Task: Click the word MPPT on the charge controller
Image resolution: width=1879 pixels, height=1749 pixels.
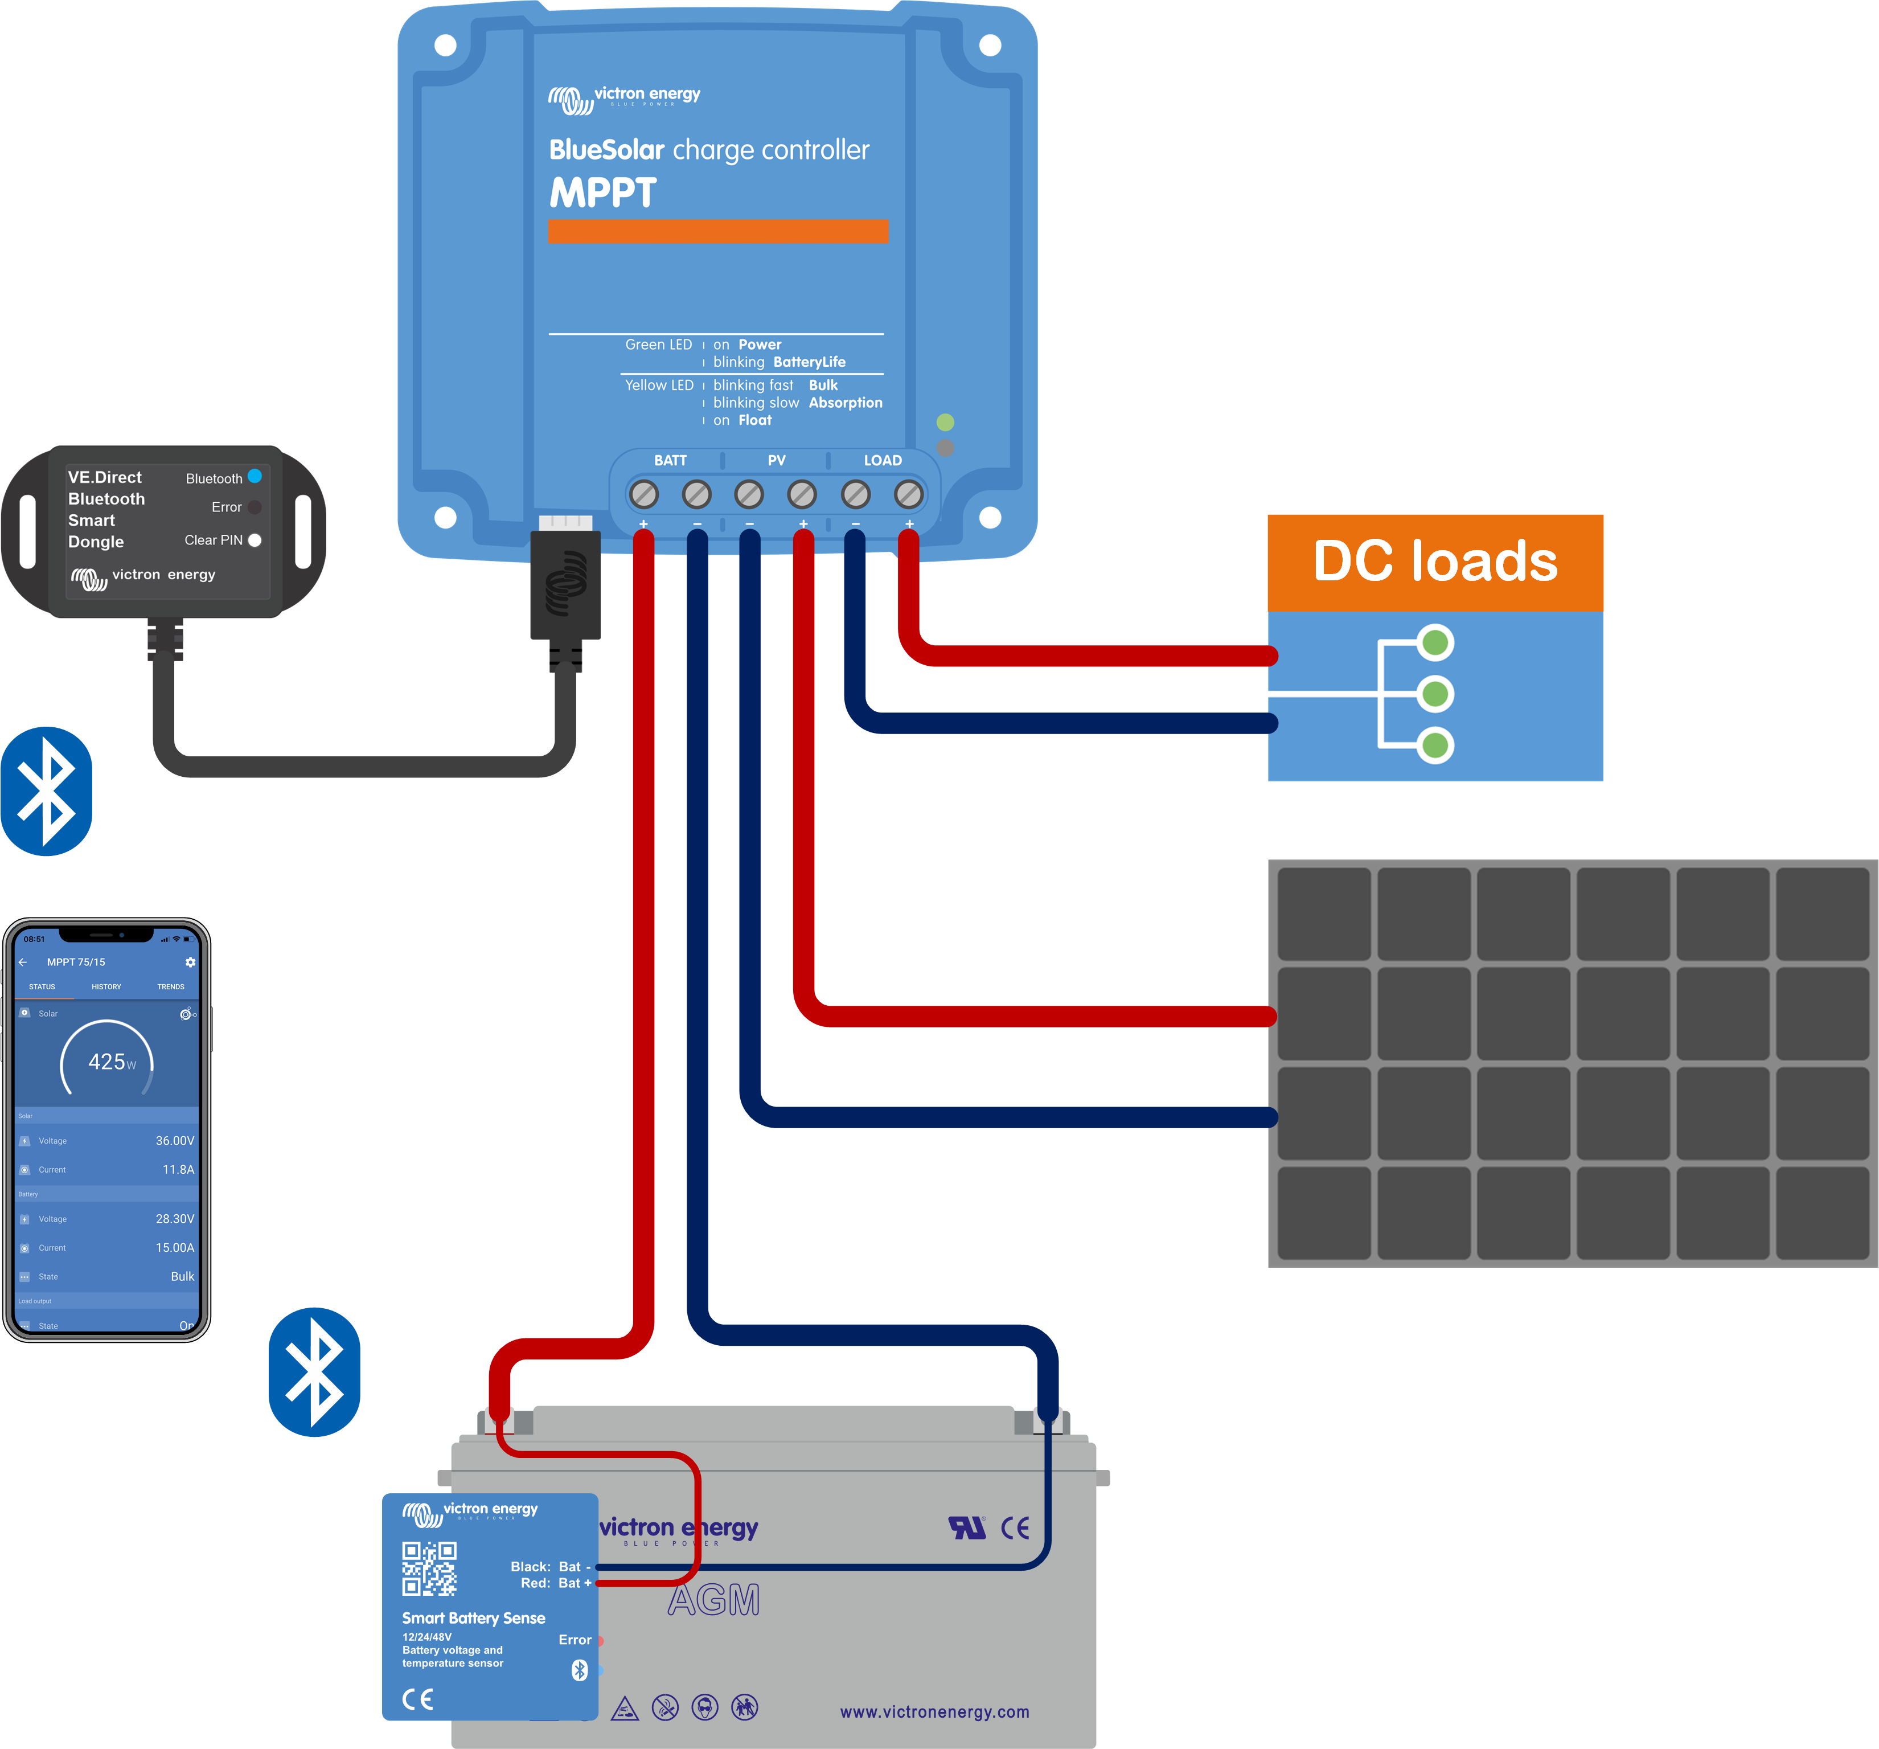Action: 603,193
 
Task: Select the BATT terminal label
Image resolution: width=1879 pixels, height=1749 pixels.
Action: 670,460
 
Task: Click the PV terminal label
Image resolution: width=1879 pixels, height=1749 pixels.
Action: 776,460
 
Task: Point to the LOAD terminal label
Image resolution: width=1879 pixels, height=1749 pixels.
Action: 882,460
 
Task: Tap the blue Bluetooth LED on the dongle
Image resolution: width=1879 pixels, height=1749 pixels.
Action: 255,476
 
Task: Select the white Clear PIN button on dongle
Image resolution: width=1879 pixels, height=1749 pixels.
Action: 255,540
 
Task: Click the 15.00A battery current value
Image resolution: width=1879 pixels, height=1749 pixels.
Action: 175,1248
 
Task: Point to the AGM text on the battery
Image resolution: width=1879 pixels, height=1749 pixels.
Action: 713,1600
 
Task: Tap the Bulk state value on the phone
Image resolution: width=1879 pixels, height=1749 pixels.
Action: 182,1276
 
